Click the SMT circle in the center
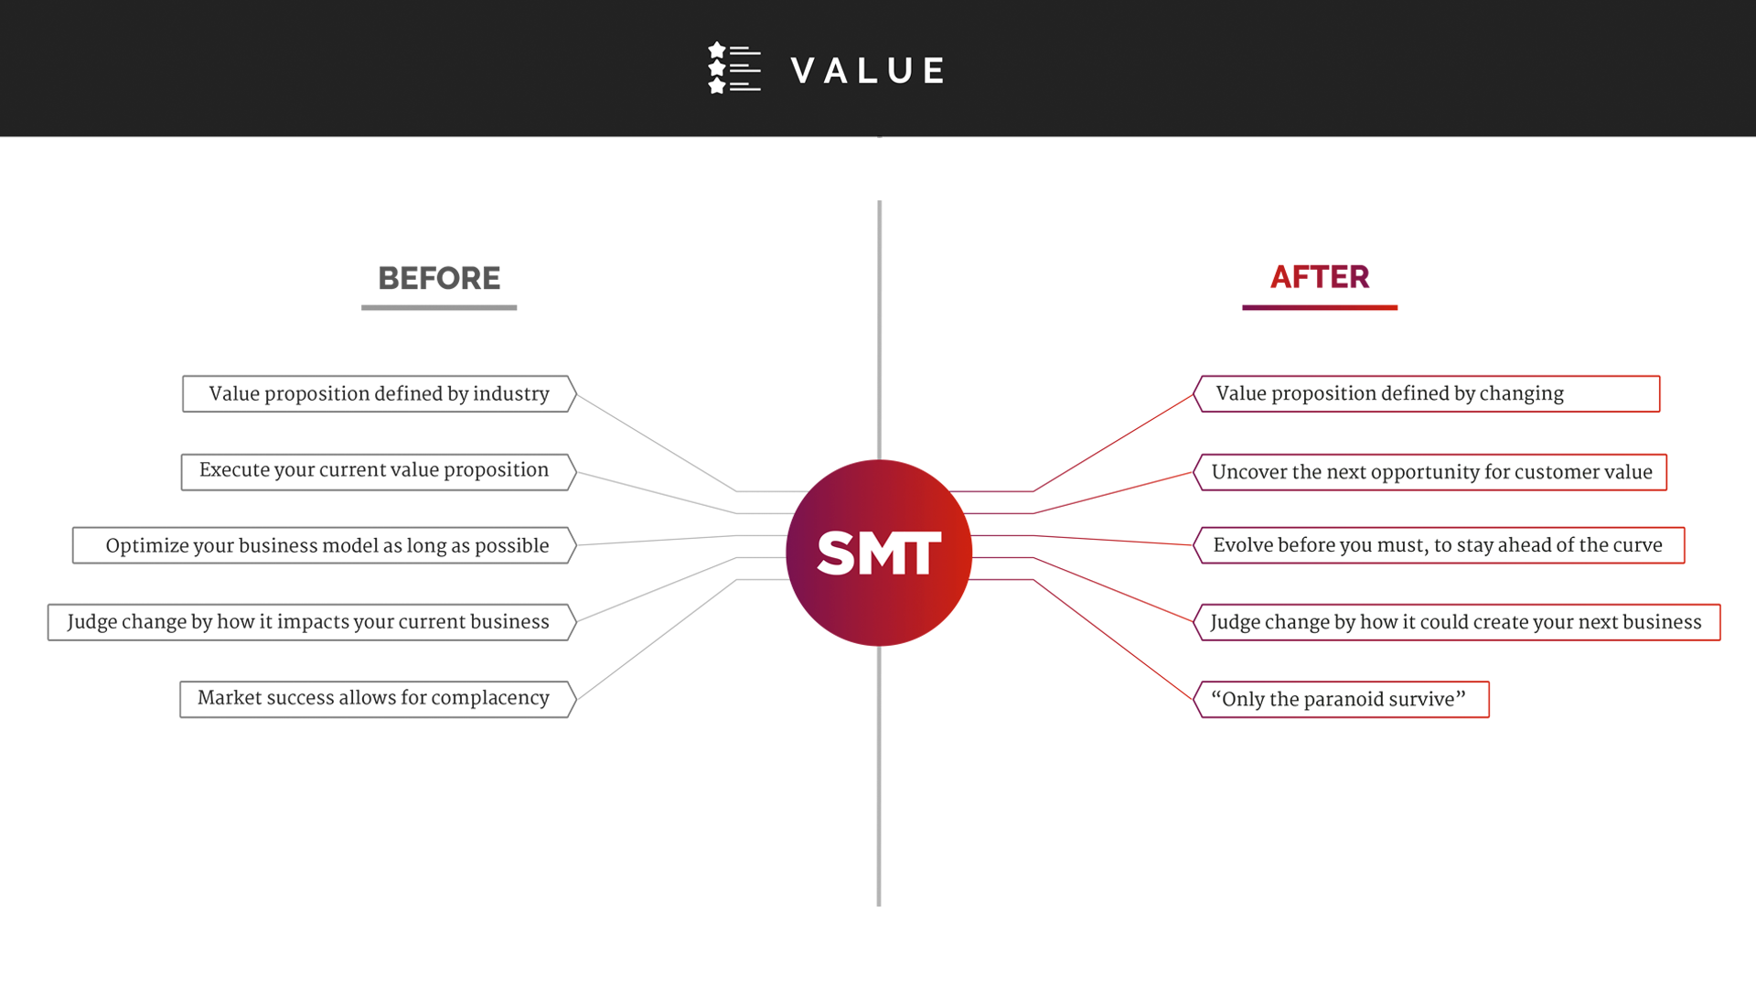(878, 553)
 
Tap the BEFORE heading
(439, 278)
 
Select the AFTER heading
(1319, 277)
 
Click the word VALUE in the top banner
(868, 70)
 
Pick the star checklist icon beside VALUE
(733, 68)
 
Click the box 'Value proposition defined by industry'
(379, 394)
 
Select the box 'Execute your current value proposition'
(375, 471)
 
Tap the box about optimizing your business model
(327, 546)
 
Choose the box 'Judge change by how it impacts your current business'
(308, 622)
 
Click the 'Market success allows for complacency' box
(374, 699)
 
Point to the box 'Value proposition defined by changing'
(1427, 394)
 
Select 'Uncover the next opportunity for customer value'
(1431, 472)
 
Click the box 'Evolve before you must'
(1438, 545)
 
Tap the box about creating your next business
(1456, 622)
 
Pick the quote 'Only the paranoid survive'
(1339, 700)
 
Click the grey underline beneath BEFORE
(439, 308)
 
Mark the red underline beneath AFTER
(1319, 308)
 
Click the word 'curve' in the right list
(1638, 545)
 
